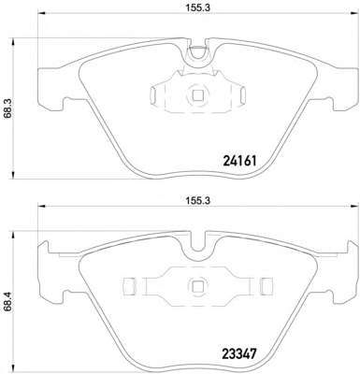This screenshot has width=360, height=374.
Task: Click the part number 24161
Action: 239,161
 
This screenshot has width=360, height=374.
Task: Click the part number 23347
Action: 239,354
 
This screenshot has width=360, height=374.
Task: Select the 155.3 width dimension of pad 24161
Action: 198,8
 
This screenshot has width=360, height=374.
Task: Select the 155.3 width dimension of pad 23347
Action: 198,201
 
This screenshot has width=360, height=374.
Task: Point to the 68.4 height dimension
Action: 8,302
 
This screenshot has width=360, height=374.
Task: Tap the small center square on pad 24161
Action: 197,95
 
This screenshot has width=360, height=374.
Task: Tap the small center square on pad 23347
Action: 197,286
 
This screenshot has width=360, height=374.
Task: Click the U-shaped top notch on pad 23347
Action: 198,251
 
